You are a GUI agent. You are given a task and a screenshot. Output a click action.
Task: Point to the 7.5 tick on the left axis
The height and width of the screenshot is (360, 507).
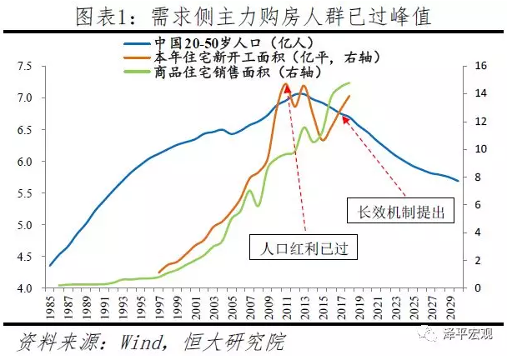24,66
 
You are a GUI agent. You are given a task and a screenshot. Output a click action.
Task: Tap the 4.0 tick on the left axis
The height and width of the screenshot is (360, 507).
24,288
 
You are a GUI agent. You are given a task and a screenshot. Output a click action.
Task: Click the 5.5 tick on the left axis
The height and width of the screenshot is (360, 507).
24,193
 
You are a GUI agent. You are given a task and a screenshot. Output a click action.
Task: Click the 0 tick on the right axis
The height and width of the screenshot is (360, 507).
477,288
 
